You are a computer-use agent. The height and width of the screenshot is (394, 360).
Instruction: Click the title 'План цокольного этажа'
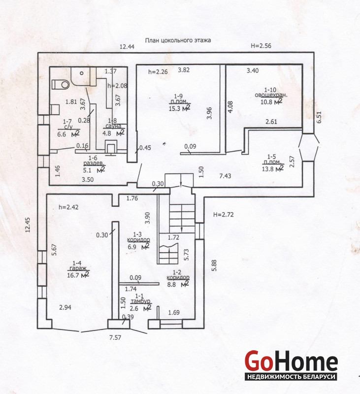(x=178, y=40)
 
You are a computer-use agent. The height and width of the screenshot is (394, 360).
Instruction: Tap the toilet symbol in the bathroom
(x=61, y=84)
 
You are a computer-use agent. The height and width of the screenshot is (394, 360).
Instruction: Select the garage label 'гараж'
(x=78, y=268)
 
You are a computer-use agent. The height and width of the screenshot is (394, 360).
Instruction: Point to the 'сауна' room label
(x=113, y=126)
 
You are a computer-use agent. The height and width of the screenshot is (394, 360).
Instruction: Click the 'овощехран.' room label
(x=271, y=95)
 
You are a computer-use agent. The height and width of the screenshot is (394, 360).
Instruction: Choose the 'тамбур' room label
(x=141, y=301)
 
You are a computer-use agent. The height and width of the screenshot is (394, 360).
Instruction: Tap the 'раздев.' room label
(x=94, y=163)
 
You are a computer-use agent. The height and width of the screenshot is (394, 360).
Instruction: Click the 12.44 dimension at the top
(x=127, y=46)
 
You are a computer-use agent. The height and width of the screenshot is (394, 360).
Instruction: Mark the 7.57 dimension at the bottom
(x=115, y=337)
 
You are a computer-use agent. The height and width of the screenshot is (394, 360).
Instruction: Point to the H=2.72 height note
(x=223, y=215)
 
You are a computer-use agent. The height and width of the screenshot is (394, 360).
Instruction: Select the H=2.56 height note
(x=261, y=46)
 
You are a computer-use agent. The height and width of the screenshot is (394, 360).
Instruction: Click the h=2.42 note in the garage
(x=68, y=207)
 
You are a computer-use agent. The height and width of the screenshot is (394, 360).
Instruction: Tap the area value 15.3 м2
(x=179, y=108)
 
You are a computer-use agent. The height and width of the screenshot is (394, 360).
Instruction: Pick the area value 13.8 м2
(x=273, y=168)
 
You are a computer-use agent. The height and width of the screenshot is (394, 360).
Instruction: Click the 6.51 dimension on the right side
(x=319, y=117)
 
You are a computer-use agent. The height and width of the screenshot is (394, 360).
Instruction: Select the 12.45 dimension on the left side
(x=28, y=225)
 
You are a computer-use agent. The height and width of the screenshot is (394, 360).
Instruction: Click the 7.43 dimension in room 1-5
(x=225, y=176)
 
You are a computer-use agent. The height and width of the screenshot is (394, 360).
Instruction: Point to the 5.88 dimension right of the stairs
(x=214, y=265)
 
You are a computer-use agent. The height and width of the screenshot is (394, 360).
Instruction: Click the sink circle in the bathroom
(x=82, y=73)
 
